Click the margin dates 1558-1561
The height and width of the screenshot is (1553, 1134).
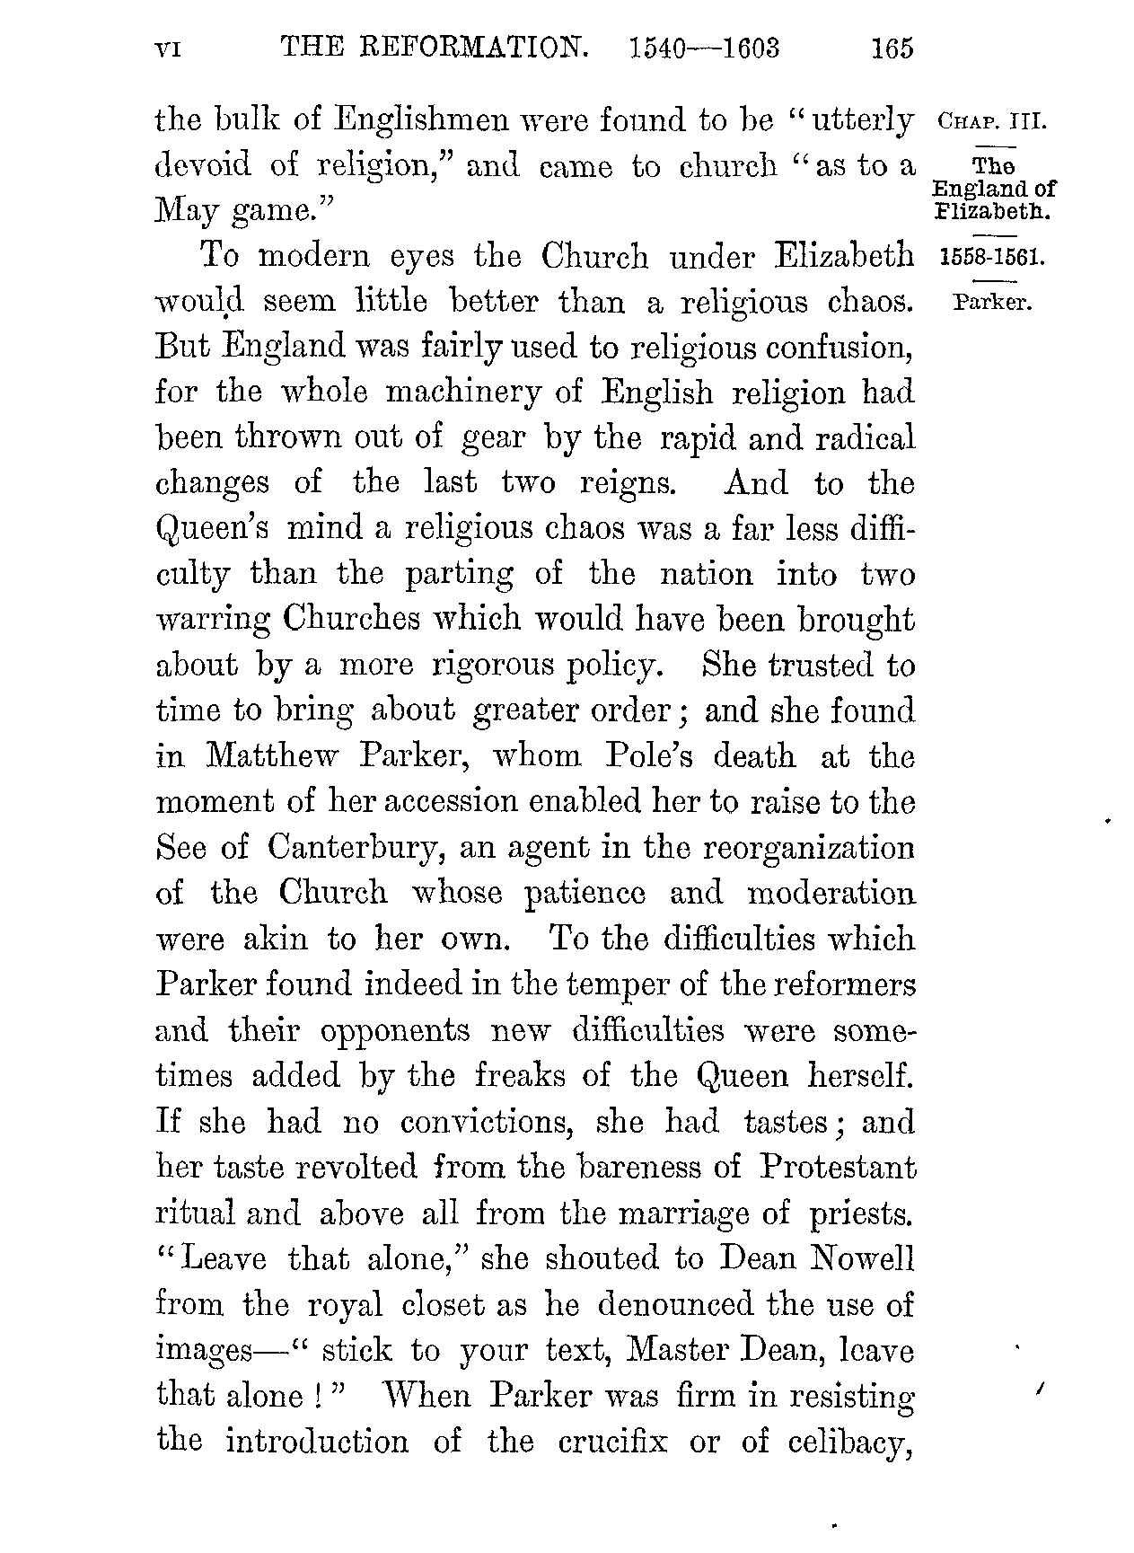(990, 258)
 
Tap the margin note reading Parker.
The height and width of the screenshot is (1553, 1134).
(992, 302)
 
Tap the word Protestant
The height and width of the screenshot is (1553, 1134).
(838, 1168)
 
